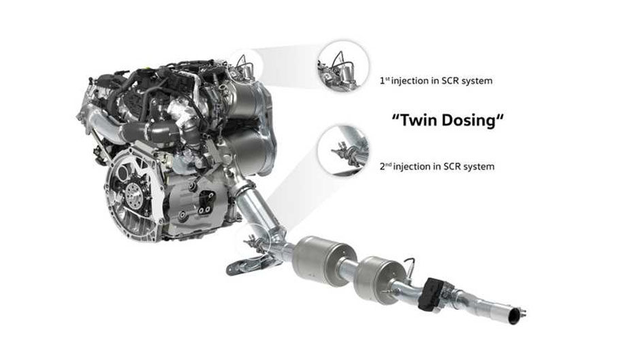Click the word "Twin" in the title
click(x=417, y=120)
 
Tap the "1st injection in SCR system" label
click(x=436, y=81)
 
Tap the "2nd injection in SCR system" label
click(x=436, y=167)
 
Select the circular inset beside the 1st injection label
click(x=343, y=66)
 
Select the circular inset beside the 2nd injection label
click(x=343, y=150)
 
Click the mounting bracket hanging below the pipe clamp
click(x=245, y=266)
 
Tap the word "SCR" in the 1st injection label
click(x=450, y=81)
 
